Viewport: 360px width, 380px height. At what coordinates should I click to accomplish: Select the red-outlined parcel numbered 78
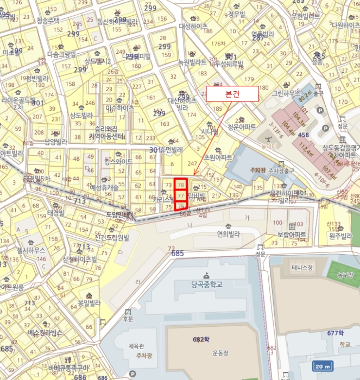coord(181,185)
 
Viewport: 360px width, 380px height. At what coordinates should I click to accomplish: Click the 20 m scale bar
coord(324,366)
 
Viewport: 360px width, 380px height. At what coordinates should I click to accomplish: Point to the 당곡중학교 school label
coord(207,283)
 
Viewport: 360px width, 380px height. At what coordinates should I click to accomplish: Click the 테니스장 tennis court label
coord(302,268)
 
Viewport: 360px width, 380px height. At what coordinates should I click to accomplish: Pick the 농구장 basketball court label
coord(345,275)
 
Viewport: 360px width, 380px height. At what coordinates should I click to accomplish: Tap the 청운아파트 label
coord(242,127)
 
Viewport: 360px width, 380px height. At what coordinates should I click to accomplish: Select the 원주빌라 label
coord(340,236)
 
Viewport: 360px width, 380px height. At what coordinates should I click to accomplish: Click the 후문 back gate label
coord(128,319)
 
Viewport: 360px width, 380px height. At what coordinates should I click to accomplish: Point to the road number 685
coord(177,254)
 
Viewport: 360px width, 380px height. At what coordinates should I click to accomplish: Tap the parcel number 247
coord(192,163)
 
